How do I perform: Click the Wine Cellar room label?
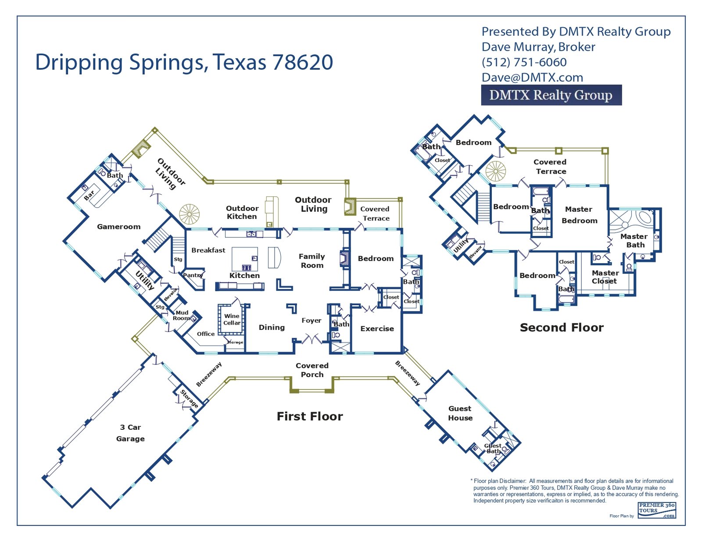click(x=232, y=319)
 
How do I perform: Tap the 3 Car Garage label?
click(x=130, y=433)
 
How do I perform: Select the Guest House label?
click(x=460, y=413)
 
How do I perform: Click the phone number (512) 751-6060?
click(x=524, y=62)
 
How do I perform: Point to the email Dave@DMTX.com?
click(x=532, y=78)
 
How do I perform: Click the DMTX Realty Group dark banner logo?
click(x=551, y=95)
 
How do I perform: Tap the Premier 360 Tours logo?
click(x=657, y=510)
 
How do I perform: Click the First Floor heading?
click(x=310, y=416)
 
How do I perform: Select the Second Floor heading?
click(x=562, y=328)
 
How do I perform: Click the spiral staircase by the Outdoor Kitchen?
click(x=189, y=214)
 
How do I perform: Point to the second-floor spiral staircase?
click(x=496, y=171)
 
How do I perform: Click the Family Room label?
click(x=312, y=261)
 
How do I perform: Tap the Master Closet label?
click(x=605, y=277)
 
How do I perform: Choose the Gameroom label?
click(x=119, y=227)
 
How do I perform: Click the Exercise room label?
click(x=377, y=328)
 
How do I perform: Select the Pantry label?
click(x=193, y=275)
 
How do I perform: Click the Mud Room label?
click(x=181, y=315)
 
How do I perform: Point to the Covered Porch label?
click(x=312, y=370)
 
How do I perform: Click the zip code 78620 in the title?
click(x=303, y=62)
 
